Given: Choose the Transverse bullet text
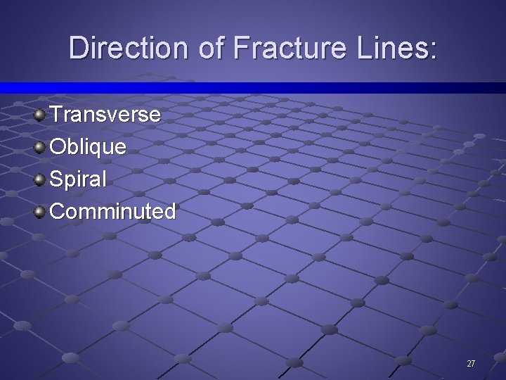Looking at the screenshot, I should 105,114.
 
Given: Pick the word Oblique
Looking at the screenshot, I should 89,147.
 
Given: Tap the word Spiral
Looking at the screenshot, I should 79,179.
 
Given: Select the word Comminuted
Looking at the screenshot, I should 113,211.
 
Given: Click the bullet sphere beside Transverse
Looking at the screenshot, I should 41,114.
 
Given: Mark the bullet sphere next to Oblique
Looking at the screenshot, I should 41,146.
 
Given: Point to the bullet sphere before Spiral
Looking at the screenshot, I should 41,179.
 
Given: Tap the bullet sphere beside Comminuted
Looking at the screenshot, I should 41,211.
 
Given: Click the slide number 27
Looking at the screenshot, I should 471,364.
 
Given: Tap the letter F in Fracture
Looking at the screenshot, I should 238,48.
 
